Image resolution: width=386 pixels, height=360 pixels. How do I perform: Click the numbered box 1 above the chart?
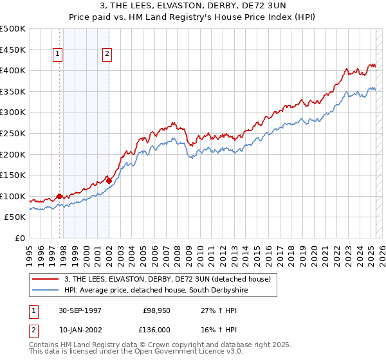point(58,55)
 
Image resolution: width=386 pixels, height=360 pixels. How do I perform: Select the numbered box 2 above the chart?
point(107,55)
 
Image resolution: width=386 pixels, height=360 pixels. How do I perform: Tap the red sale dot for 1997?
point(60,197)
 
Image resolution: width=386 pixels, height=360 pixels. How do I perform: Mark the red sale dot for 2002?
point(109,181)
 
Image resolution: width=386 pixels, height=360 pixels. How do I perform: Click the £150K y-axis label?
point(13,175)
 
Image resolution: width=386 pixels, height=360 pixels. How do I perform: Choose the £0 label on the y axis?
point(19,238)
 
